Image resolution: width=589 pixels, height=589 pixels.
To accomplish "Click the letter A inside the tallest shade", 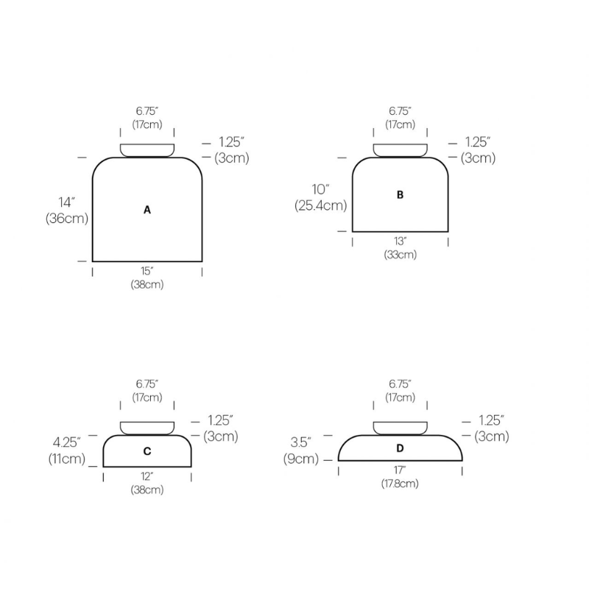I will coord(147,210).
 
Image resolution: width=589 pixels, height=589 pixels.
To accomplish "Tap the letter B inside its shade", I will coord(400,195).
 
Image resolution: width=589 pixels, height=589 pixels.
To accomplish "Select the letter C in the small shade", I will coord(147,451).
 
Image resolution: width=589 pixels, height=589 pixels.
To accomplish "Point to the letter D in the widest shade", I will coord(400,448).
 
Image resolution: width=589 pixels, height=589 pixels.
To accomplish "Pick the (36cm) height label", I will coord(66,219).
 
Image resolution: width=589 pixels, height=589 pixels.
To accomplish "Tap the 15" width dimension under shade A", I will coord(147,272).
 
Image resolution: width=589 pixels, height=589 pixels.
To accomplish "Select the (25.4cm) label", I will coord(320,205).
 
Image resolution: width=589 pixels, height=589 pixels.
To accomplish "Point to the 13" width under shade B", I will coord(400,241).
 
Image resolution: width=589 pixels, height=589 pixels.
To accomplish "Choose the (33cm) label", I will coord(400,255).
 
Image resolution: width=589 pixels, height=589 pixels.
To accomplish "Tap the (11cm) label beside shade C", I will coord(66,458).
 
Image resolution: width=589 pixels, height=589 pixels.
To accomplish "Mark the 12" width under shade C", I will coord(147,476).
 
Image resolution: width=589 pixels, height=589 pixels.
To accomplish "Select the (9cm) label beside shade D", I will coord(301,459).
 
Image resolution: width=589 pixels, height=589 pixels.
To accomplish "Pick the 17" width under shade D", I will coord(400,470).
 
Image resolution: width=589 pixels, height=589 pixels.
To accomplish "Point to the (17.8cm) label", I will coord(400,484).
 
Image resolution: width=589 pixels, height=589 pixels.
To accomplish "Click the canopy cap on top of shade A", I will coord(147,150).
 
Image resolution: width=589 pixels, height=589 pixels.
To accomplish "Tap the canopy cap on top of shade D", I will coord(400,428).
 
